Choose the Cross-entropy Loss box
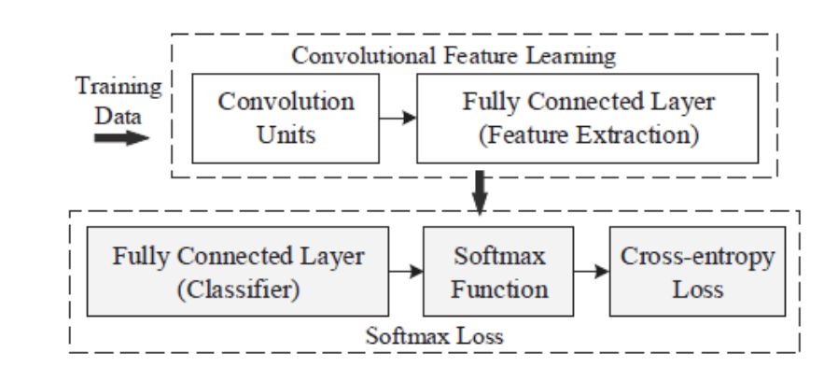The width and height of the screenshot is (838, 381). point(698,273)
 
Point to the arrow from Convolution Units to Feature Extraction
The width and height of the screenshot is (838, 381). point(396,119)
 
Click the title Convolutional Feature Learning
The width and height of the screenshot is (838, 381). point(453,55)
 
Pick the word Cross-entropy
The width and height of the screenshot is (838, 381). point(698,257)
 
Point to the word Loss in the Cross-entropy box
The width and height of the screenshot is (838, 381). point(698,289)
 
